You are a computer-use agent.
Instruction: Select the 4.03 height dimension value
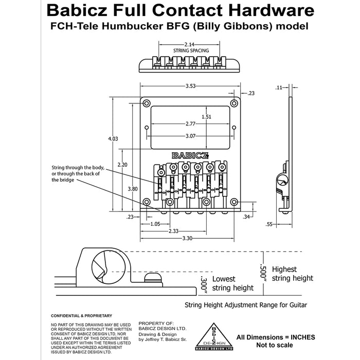pos(112,139)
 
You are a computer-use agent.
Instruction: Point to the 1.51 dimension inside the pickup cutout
pos(206,117)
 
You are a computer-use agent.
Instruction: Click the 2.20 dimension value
pos(122,165)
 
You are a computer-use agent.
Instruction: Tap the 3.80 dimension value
pos(132,189)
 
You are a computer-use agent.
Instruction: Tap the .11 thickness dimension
pos(279,88)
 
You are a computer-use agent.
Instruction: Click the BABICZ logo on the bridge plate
pos(190,155)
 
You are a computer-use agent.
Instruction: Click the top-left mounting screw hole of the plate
pos(147,102)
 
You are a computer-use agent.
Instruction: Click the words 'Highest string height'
pos(292,274)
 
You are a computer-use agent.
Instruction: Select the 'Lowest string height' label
pos(232,283)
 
